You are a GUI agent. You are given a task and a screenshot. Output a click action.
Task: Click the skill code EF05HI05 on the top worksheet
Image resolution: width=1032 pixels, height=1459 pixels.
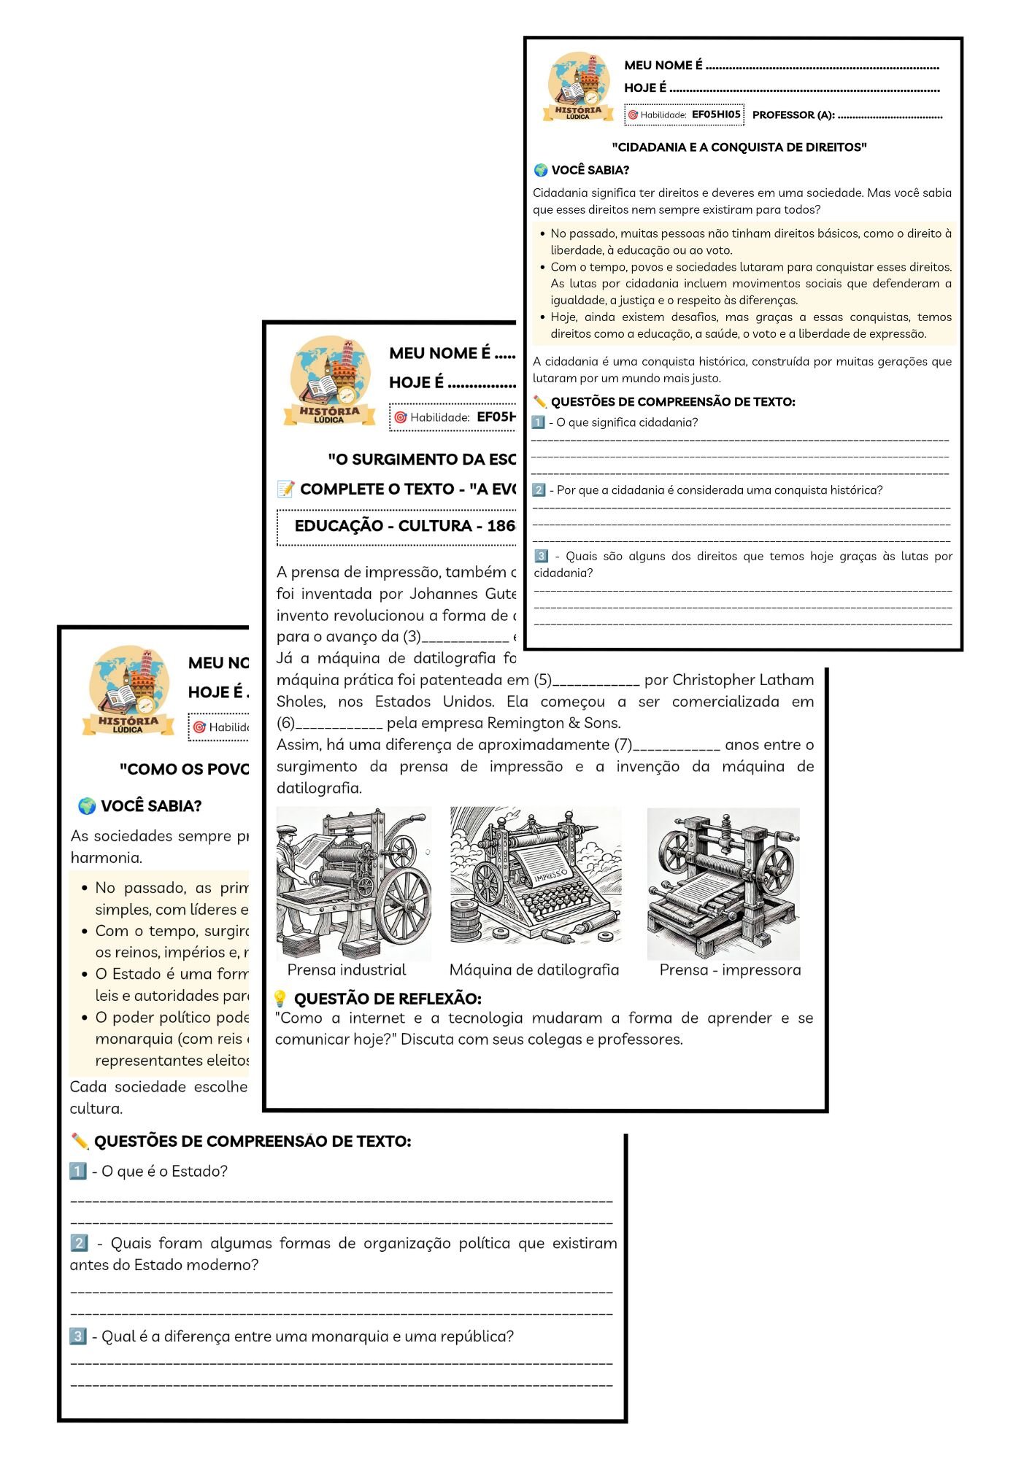click(x=715, y=115)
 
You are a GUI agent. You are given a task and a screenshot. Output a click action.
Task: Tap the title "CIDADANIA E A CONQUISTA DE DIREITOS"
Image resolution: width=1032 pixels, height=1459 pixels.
click(x=739, y=147)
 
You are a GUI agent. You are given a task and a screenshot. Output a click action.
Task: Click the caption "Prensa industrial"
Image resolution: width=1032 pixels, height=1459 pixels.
click(x=347, y=970)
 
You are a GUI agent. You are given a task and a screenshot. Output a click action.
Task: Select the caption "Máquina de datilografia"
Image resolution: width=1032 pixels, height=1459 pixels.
click(x=534, y=970)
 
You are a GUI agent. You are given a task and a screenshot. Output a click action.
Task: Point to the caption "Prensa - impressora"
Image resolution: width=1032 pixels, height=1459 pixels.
click(x=730, y=970)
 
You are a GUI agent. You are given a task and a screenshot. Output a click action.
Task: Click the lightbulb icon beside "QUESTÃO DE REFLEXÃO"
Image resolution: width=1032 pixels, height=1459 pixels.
click(x=280, y=999)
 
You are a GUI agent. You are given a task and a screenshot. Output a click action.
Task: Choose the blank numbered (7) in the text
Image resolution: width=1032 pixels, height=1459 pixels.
click(x=677, y=746)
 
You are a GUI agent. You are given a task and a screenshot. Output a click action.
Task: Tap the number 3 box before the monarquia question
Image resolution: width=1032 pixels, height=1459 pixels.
click(x=78, y=1336)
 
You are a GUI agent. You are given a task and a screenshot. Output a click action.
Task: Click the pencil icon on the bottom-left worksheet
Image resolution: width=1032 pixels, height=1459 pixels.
click(x=80, y=1141)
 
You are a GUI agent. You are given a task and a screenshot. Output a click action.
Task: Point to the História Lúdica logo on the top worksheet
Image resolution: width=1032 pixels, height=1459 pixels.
click(x=578, y=86)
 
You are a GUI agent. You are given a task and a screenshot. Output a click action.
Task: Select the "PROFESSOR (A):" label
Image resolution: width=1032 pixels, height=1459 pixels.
click(x=793, y=115)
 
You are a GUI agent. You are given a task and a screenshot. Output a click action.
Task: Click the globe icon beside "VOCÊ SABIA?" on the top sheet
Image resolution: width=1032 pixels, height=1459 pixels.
click(x=541, y=170)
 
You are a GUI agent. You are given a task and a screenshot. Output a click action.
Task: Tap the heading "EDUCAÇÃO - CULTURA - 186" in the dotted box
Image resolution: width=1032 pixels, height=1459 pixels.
click(x=404, y=526)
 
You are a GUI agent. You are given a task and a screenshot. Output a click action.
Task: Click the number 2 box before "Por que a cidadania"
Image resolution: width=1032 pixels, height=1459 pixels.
click(x=539, y=490)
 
